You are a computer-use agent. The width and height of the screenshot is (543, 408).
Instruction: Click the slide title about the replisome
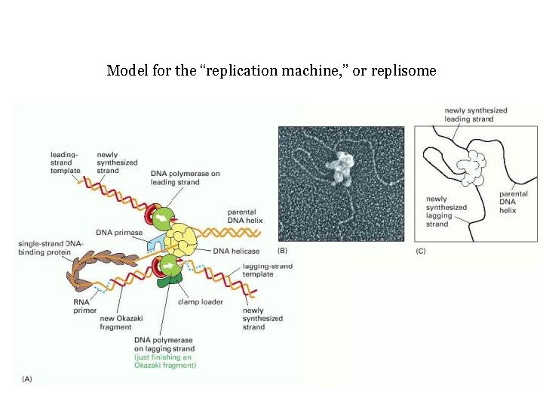(271, 71)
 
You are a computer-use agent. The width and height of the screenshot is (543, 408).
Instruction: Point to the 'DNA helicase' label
(236, 251)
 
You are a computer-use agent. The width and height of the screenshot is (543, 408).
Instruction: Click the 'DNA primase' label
(119, 232)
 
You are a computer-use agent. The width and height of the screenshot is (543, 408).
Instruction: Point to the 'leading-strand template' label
(65, 162)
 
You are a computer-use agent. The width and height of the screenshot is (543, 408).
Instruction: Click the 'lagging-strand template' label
(267, 270)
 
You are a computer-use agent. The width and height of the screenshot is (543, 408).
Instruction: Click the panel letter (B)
(282, 250)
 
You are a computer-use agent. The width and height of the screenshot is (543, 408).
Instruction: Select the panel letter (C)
(422, 250)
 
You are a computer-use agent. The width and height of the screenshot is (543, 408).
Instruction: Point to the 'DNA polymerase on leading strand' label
(185, 178)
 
